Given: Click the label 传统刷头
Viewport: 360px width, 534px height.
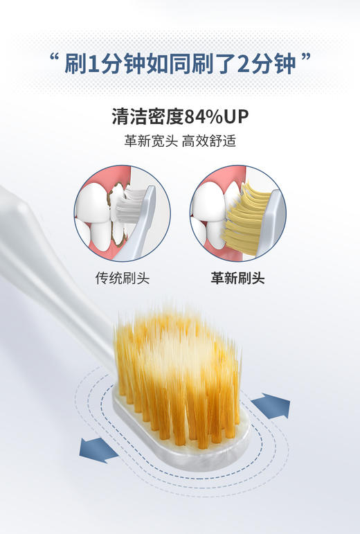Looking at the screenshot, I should pyautogui.click(x=122, y=278).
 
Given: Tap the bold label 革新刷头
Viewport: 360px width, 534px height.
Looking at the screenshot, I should pyautogui.click(x=237, y=278).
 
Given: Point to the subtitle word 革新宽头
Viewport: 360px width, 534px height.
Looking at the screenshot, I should pyautogui.click(x=150, y=141).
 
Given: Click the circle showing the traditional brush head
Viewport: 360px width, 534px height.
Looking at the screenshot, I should pyautogui.click(x=122, y=213).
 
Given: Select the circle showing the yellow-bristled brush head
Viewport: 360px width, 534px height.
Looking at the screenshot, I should pyautogui.click(x=237, y=213).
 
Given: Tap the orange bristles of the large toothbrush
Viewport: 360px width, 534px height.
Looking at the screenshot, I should pyautogui.click(x=180, y=374).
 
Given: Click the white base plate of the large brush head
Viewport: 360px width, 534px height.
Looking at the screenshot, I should pyautogui.click(x=187, y=461).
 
